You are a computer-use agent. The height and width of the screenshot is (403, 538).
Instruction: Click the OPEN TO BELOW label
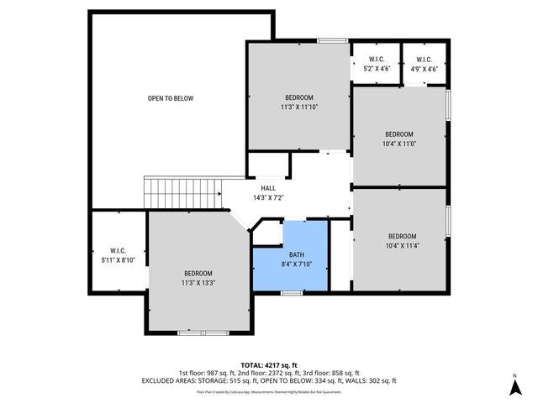click(171, 98)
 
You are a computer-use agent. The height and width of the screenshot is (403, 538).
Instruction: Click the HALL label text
click(268, 188)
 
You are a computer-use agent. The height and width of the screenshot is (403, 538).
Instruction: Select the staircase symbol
click(182, 192)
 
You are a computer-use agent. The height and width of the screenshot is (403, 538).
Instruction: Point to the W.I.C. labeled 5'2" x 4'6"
click(375, 64)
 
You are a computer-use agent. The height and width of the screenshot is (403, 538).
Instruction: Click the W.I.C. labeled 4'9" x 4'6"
click(423, 64)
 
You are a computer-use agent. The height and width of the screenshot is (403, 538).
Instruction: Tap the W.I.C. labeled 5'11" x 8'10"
click(117, 255)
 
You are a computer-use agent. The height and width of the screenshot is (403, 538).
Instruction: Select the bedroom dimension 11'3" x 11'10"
click(298, 107)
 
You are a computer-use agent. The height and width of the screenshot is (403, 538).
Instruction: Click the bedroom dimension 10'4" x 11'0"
click(399, 144)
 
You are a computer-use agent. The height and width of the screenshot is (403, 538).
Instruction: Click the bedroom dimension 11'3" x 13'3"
click(198, 283)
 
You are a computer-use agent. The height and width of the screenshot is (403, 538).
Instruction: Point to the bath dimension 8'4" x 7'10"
click(297, 264)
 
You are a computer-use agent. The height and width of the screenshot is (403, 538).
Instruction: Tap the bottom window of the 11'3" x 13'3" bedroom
click(202, 332)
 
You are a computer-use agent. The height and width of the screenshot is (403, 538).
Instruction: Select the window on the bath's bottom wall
click(291, 292)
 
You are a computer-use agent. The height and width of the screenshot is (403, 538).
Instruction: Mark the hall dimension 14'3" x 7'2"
click(268, 198)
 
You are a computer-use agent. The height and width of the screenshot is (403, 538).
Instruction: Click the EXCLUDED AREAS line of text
click(268, 381)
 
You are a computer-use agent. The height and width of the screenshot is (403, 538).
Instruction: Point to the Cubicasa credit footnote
click(268, 391)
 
